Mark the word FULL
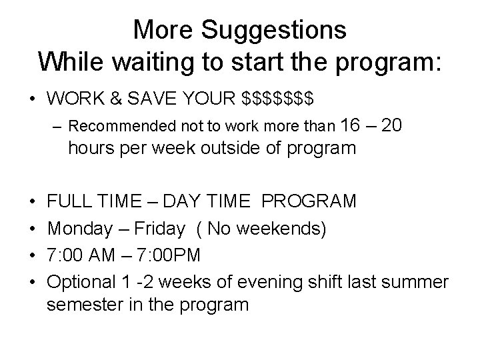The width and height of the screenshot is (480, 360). (71, 201)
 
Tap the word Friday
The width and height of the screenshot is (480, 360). (158, 229)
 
